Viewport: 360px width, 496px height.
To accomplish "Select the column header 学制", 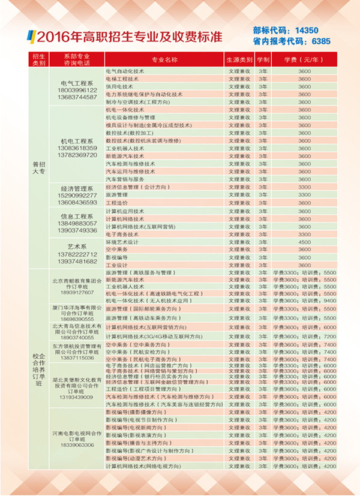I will tap(263, 61).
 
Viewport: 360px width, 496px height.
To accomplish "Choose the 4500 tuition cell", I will tap(304, 242).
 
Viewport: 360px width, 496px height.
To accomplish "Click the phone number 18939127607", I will tap(78, 292).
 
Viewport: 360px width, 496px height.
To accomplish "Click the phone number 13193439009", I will tap(78, 397).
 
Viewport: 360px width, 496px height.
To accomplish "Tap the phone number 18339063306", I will tap(78, 445).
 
